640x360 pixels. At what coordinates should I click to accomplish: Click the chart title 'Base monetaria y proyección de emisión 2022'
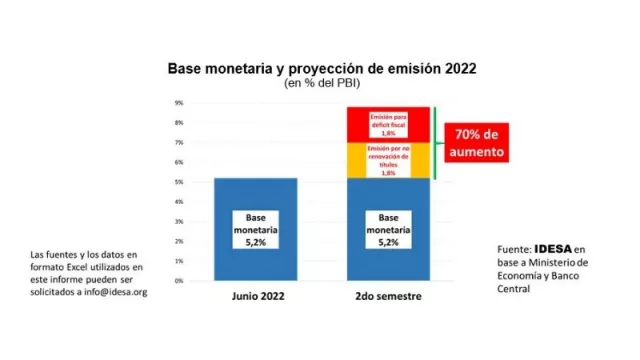pyautogui.click(x=320, y=69)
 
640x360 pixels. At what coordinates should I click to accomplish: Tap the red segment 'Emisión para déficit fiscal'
pyautogui.click(x=388, y=124)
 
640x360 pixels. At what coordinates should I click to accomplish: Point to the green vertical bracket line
pyautogui.click(x=435, y=143)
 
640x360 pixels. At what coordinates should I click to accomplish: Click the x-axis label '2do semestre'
pyautogui.click(x=388, y=297)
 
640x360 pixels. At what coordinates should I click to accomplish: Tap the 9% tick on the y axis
pyautogui.click(x=177, y=103)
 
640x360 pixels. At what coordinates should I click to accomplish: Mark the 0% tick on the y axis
pyautogui.click(x=177, y=281)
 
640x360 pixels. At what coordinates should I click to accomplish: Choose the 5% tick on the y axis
pyautogui.click(x=177, y=182)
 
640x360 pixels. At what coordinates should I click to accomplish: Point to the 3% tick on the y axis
pyautogui.click(x=177, y=222)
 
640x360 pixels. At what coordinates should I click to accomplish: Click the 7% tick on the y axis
pyautogui.click(x=177, y=143)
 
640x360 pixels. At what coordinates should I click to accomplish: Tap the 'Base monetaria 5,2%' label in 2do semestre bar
pyautogui.click(x=388, y=228)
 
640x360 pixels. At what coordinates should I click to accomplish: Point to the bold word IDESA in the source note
pyautogui.click(x=552, y=249)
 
